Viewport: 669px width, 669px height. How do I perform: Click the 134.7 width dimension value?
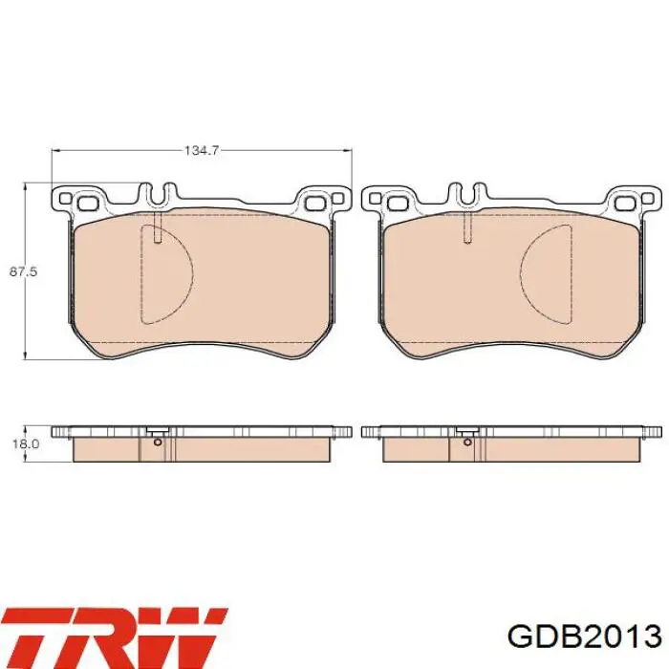click(202, 150)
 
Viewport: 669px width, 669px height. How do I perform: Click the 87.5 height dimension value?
click(24, 271)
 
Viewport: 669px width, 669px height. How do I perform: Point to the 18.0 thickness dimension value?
click(26, 443)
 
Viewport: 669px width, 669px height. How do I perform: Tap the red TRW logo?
click(115, 637)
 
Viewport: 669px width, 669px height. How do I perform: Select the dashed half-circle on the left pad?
click(167, 274)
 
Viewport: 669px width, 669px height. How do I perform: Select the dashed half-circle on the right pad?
click(546, 274)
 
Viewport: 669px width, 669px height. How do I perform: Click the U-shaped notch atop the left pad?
click(159, 194)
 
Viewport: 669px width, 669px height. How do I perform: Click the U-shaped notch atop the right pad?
click(468, 194)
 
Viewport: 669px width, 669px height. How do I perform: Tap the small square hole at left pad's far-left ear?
click(65, 199)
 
